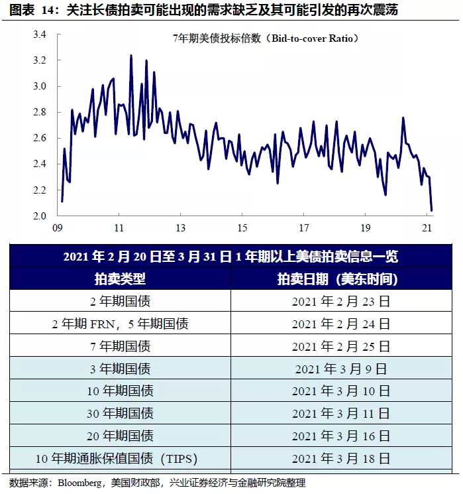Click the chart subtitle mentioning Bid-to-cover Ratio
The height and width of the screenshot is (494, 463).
[x=264, y=38]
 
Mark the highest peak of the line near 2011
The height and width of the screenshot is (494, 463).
[x=130, y=56]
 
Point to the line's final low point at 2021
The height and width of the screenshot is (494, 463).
[x=432, y=210]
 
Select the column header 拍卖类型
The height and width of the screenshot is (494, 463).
[x=121, y=278]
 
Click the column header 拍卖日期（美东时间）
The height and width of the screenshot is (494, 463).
[x=340, y=278]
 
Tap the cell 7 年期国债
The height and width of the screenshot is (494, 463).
[x=121, y=346]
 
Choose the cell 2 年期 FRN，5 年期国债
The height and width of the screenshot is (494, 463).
[x=121, y=324]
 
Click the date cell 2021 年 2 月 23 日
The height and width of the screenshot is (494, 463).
[x=340, y=301]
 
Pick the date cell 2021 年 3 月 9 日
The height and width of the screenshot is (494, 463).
[x=340, y=369]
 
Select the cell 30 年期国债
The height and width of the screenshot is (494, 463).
[x=121, y=414]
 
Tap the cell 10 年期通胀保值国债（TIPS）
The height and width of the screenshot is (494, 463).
[x=121, y=459]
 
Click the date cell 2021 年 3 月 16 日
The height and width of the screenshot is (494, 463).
[x=340, y=436]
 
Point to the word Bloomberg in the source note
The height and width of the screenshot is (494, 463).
[x=80, y=483]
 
